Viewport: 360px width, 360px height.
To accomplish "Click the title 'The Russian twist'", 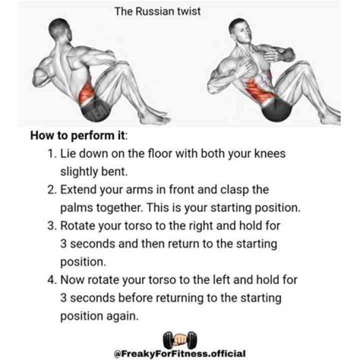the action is [157, 11].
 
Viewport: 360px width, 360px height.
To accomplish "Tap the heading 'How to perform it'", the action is [78, 135].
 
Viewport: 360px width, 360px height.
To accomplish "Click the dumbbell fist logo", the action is [180, 340].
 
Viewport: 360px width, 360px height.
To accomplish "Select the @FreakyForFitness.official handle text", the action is [180, 353].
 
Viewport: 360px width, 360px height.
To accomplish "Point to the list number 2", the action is [52, 189].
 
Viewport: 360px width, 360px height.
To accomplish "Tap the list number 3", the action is [52, 225].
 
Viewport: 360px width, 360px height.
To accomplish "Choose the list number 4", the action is [52, 280].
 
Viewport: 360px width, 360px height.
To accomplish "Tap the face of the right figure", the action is [244, 32].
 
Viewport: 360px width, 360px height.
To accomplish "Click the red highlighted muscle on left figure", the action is [87, 93].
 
